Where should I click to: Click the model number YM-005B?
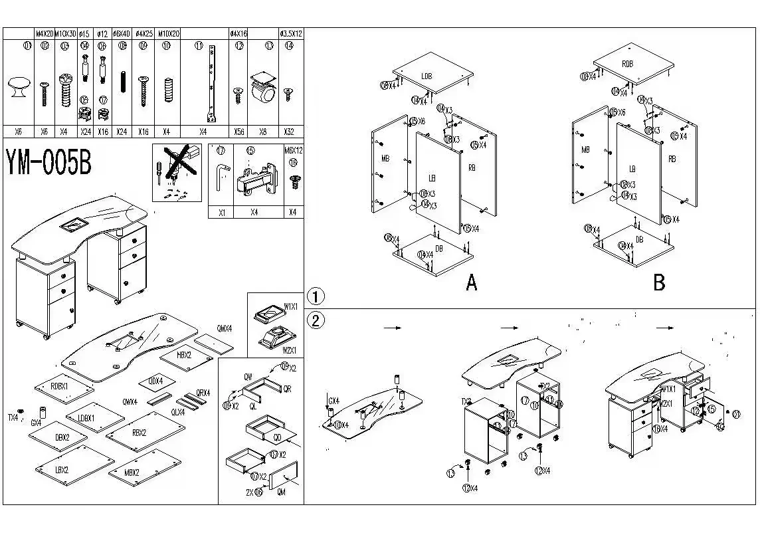(x=48, y=162)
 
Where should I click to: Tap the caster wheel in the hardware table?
(x=263, y=90)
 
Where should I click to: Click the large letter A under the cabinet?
(x=471, y=282)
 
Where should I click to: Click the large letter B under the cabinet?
(x=658, y=282)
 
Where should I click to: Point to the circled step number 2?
(x=316, y=320)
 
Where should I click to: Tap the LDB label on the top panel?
(x=427, y=76)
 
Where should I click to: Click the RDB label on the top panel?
(x=627, y=64)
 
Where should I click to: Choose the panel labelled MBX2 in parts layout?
(x=132, y=473)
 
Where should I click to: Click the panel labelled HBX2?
(x=184, y=355)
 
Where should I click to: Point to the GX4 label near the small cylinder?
(x=36, y=422)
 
